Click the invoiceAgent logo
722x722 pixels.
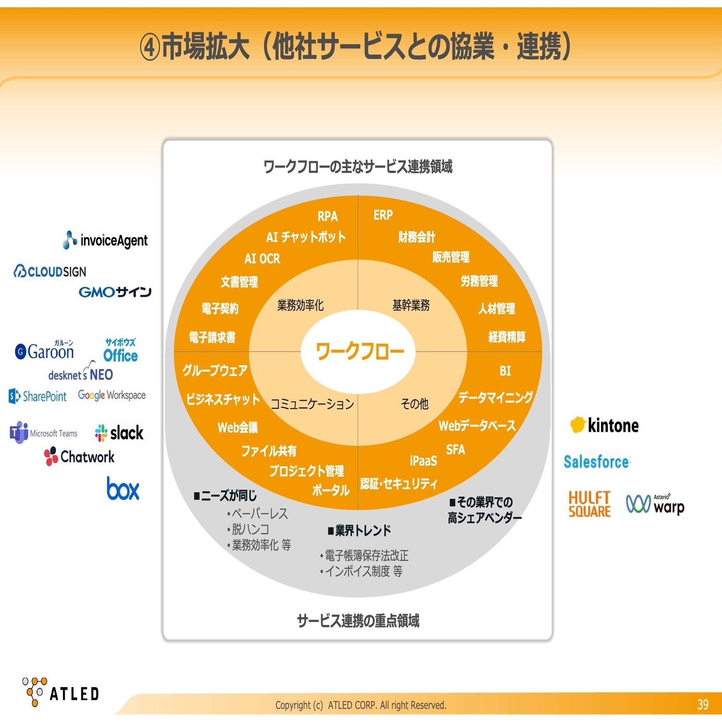tap(105, 240)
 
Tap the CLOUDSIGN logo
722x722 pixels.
tap(50, 271)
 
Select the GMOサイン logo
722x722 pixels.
tap(115, 292)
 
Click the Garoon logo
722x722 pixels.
tap(45, 350)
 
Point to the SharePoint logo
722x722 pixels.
tap(38, 396)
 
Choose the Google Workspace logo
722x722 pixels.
tap(112, 395)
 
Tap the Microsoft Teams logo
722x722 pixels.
tap(44, 433)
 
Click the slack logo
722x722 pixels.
tap(119, 433)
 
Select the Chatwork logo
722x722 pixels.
tap(79, 456)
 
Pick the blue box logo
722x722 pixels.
tap(123, 488)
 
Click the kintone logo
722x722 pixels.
tap(605, 425)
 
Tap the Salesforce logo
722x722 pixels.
tap(597, 461)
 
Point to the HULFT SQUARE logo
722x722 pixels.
tap(589, 504)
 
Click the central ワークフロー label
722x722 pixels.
tap(360, 351)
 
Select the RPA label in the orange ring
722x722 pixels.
tap(328, 216)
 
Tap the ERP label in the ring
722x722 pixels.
tap(383, 215)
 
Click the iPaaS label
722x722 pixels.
tap(423, 461)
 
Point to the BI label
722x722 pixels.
tap(505, 371)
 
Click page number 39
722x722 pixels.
tap(703, 704)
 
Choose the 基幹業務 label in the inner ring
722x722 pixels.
tap(411, 305)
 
